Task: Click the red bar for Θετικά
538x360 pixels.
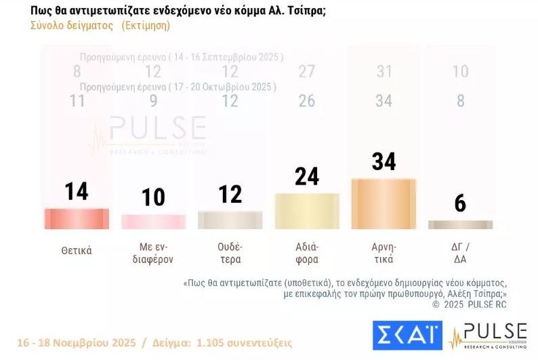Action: pyautogui.click(x=77, y=218)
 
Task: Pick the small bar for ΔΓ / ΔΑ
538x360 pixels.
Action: pyautogui.click(x=460, y=224)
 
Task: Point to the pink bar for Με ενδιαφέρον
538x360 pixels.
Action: pyautogui.click(x=153, y=222)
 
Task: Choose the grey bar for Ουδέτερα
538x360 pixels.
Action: pyautogui.click(x=230, y=220)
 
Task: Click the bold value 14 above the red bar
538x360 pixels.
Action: pyautogui.click(x=77, y=192)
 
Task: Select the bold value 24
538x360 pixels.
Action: pyautogui.click(x=307, y=176)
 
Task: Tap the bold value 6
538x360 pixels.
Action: pyautogui.click(x=460, y=203)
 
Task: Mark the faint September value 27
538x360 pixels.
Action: pyautogui.click(x=307, y=72)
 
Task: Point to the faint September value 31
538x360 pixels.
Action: pyautogui.click(x=384, y=72)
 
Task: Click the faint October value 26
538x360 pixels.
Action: pyautogui.click(x=307, y=101)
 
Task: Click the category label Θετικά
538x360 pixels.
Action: pyautogui.click(x=77, y=250)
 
